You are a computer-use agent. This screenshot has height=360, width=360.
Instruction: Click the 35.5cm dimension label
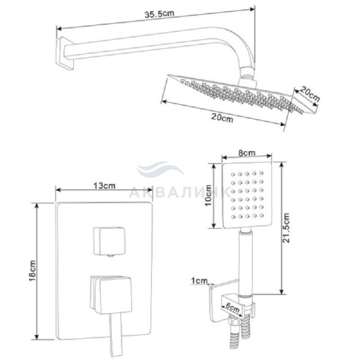pos(159,14)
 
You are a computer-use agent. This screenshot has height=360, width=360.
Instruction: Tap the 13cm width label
pos(104,186)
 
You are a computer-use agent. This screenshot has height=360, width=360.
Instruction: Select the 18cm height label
pos(32,271)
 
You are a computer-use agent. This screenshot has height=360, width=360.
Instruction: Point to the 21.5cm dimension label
pos(286,228)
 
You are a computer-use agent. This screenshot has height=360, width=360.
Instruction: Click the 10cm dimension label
pos(208,195)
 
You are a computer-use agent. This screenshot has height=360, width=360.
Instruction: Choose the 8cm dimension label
pos(246,153)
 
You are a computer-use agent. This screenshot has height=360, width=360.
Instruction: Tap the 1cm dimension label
pos(200,281)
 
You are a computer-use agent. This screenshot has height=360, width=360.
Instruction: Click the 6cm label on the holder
pos(232,308)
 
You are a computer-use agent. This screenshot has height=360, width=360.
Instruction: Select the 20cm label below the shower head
pos(222,118)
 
